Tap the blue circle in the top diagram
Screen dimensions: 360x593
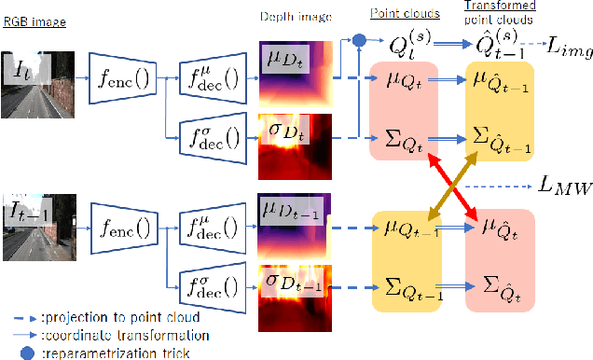(359, 40)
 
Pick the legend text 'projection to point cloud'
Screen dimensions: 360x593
(131, 316)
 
